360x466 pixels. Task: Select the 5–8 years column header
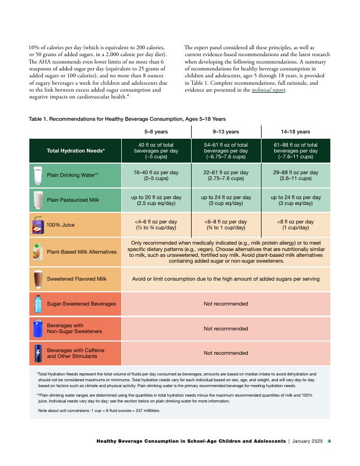[156, 131]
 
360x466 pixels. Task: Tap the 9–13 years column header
[226, 131]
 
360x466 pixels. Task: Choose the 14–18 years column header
[295, 131]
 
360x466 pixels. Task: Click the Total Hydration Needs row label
[76, 151]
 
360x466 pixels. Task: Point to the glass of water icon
[38, 175]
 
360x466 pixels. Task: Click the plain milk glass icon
[38, 200]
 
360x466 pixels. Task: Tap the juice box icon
[38, 225]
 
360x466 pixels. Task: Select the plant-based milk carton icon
[38, 252]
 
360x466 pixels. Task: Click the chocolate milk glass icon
[38, 279]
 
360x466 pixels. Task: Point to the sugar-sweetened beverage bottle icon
[38, 304]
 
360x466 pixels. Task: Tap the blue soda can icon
[38, 328]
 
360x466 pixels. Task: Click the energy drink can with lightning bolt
[38, 353]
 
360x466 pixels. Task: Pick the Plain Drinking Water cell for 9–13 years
[226, 175]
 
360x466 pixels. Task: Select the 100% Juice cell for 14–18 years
[295, 225]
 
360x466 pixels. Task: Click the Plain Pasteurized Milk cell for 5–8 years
[156, 200]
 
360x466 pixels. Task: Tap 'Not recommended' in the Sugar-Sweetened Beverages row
[226, 304]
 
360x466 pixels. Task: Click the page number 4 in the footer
[329, 441]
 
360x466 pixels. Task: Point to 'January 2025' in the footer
[307, 441]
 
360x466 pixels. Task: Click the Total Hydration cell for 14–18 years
[295, 151]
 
